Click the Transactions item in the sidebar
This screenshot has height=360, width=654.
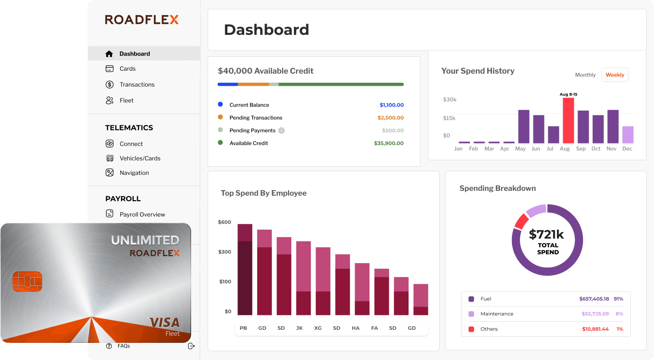(137, 85)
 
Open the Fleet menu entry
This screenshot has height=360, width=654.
(126, 101)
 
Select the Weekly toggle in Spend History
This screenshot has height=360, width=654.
(614, 75)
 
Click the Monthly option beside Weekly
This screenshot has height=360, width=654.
(585, 75)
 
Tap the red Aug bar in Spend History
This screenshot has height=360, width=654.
(568, 121)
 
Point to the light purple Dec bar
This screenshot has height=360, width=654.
(628, 135)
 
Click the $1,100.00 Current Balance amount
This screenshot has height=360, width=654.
(391, 105)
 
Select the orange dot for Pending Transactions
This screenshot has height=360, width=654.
(220, 117)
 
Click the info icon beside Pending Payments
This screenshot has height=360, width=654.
(282, 130)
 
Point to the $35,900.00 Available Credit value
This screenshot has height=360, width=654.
(388, 143)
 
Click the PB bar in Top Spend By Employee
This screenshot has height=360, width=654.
(245, 269)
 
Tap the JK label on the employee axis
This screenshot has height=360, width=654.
(299, 328)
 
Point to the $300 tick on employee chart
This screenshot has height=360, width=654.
(224, 252)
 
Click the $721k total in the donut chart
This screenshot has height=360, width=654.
(546, 234)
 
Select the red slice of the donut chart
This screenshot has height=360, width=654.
(522, 221)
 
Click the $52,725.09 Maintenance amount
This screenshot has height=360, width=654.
(595, 314)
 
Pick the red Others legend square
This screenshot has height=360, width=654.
(471, 329)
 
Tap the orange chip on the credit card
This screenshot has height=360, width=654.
(27, 281)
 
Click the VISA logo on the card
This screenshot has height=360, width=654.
(164, 323)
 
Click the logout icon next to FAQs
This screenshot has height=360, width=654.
(191, 346)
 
